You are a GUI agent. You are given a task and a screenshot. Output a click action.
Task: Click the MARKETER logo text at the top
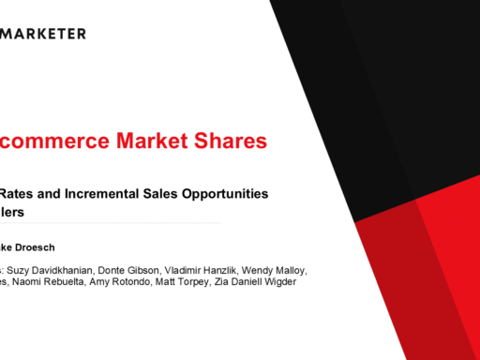point(45,34)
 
